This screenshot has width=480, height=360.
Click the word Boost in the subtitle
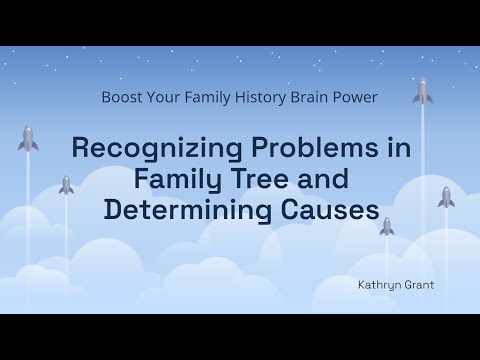pyautogui.click(x=123, y=98)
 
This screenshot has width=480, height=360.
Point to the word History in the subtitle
pyautogui.click(x=256, y=98)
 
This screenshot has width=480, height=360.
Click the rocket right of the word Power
pyautogui.click(x=422, y=93)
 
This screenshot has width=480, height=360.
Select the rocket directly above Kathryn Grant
pyautogui.click(x=386, y=227)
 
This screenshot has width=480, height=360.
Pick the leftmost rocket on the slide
pyautogui.click(x=27, y=139)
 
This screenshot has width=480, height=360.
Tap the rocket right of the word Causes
pyautogui.click(x=446, y=197)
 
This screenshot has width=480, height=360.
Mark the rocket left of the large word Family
pyautogui.click(x=66, y=185)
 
